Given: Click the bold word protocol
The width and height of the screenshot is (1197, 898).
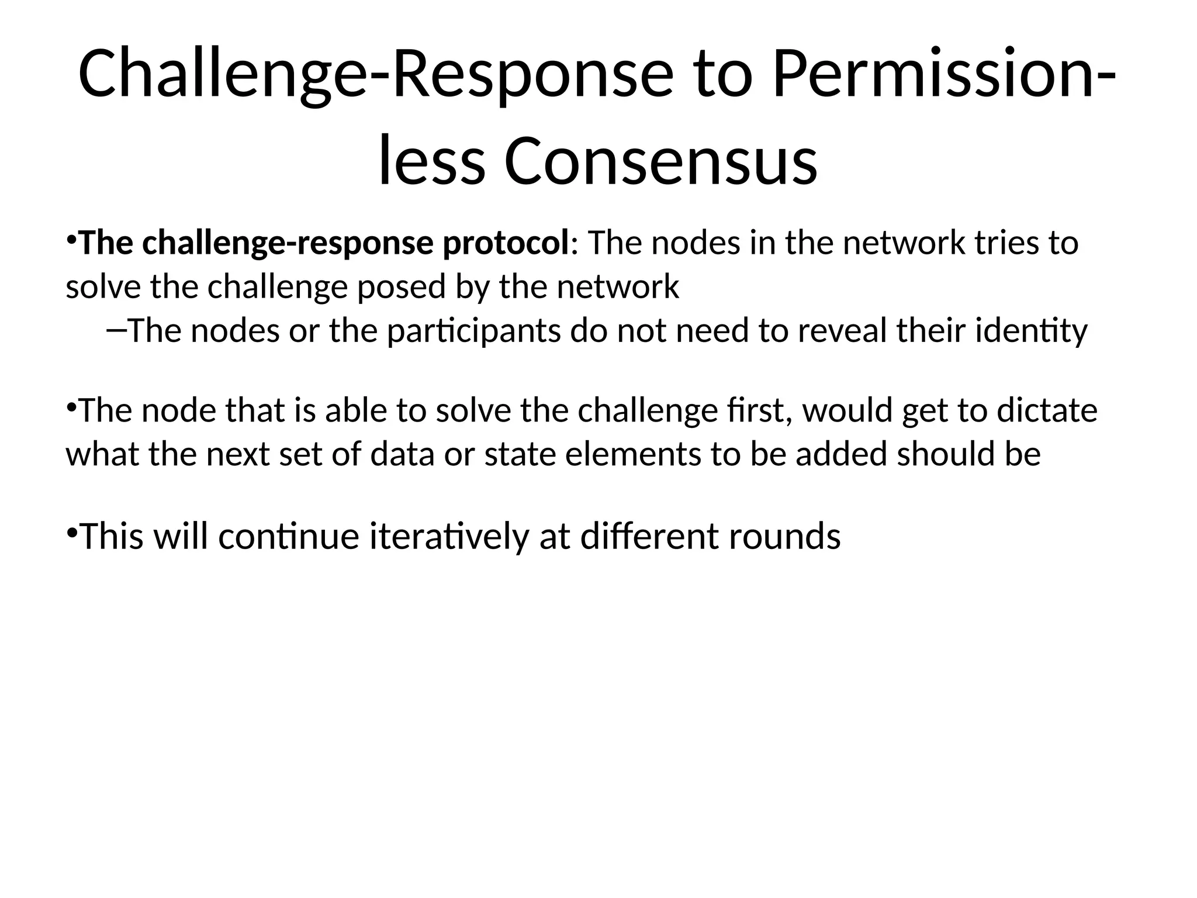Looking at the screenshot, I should pyautogui.click(x=505, y=243).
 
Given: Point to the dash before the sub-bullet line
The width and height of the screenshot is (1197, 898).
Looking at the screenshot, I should pyautogui.click(x=116, y=330).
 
